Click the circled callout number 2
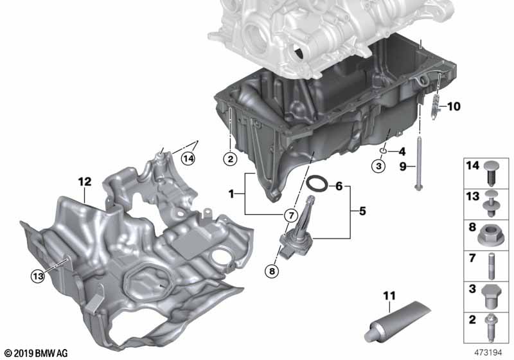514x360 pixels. (x=230, y=159)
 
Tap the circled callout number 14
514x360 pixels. (x=188, y=159)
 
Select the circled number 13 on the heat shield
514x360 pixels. (x=38, y=276)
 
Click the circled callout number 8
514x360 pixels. (x=272, y=271)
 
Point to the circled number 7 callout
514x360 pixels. (x=291, y=215)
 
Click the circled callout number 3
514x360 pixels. (x=378, y=166)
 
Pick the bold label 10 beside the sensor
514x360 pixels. (x=454, y=106)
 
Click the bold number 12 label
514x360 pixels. (x=85, y=181)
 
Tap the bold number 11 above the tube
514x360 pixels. (x=389, y=296)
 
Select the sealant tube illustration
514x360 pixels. (x=397, y=321)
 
